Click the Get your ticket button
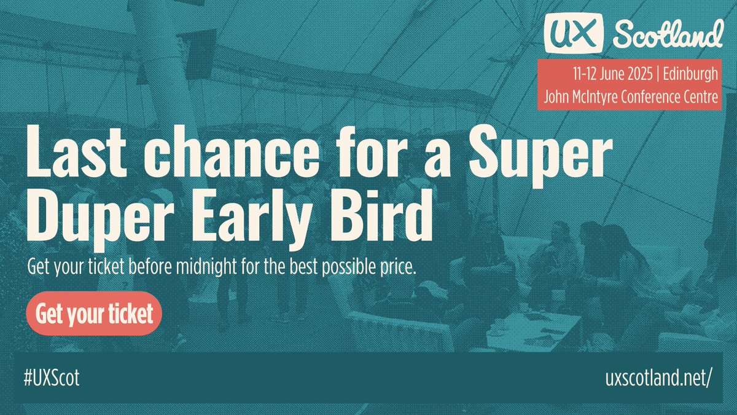pyautogui.click(x=94, y=314)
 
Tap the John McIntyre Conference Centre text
pyautogui.click(x=631, y=97)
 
